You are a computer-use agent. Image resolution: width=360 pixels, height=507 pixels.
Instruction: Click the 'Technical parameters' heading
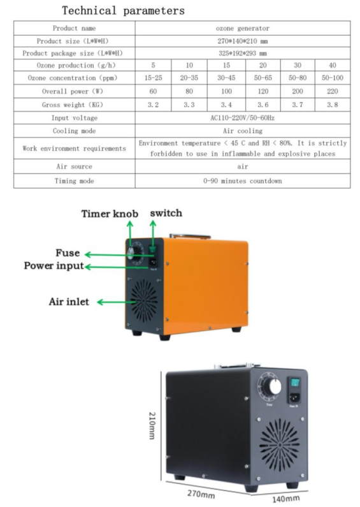[123, 10]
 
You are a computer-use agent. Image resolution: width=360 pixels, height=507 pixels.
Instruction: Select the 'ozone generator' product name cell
[242, 29]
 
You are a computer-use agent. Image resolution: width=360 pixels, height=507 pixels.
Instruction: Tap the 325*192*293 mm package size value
[243, 53]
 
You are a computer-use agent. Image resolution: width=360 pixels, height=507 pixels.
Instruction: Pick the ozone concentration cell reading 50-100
[332, 78]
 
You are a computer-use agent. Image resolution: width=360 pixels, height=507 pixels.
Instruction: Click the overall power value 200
[298, 91]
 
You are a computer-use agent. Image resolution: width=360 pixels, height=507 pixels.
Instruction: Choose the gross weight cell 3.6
[263, 105]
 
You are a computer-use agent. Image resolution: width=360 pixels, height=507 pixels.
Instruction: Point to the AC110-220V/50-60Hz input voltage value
[242, 118]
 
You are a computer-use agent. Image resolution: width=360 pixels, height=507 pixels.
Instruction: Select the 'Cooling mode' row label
[74, 131]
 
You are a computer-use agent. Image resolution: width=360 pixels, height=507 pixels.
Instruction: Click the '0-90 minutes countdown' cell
[242, 181]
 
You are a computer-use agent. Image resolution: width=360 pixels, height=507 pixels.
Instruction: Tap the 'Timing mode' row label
[74, 181]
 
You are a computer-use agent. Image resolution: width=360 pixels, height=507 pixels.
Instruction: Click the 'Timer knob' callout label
[110, 214]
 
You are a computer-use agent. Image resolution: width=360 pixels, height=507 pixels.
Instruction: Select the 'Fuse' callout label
[68, 253]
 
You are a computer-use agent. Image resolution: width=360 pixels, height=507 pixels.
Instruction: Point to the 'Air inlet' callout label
[69, 302]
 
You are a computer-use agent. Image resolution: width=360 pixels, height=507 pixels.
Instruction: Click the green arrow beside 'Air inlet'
[117, 302]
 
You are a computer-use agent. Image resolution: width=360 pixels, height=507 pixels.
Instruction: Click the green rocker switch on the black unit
[295, 383]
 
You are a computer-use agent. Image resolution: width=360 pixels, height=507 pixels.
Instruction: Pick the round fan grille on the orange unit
[144, 301]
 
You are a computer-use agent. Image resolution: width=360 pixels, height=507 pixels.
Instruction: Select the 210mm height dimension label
[152, 425]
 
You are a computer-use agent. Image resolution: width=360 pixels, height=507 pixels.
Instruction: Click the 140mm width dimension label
[285, 498]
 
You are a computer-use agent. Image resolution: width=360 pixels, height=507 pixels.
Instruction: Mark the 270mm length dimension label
[201, 494]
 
